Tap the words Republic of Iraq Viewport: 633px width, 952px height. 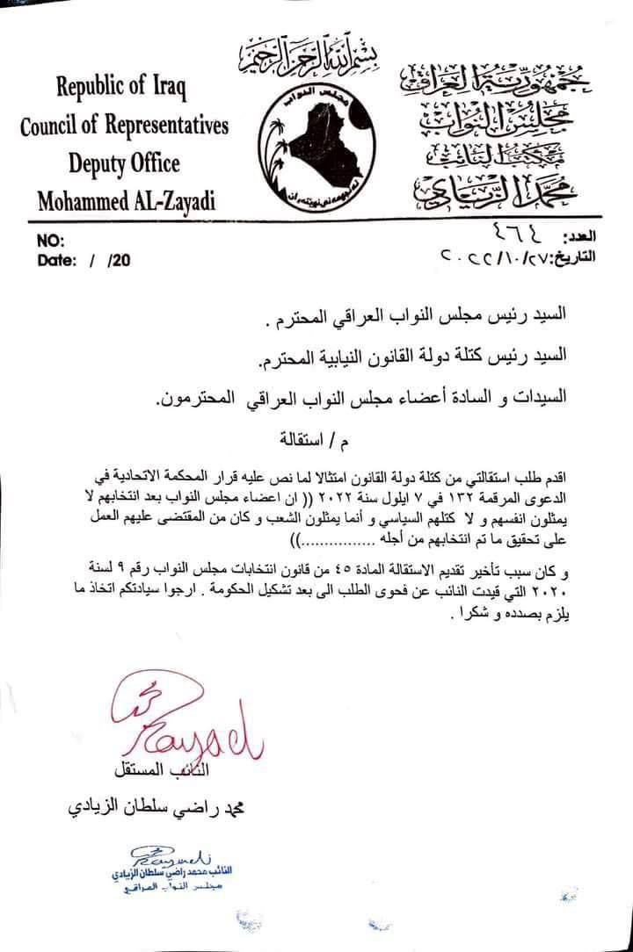coord(123,88)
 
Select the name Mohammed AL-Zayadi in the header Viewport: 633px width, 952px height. coord(126,201)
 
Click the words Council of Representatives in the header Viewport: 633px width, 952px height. coord(124,126)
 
